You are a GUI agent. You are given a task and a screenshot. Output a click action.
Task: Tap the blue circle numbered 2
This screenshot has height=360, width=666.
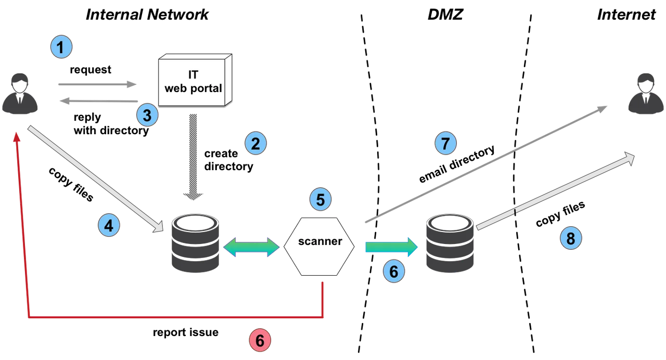(x=255, y=144)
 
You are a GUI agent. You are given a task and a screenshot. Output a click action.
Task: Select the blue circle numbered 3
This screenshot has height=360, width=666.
(x=147, y=115)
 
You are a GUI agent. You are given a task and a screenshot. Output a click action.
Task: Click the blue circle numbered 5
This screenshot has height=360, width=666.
(x=321, y=199)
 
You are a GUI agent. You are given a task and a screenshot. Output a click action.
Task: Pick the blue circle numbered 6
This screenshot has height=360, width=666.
(x=393, y=271)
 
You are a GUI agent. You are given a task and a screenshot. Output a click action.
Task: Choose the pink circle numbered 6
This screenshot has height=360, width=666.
(x=260, y=341)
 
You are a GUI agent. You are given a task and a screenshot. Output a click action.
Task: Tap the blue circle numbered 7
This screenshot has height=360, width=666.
(x=445, y=144)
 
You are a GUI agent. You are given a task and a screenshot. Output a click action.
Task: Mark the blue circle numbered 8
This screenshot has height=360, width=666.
(x=571, y=238)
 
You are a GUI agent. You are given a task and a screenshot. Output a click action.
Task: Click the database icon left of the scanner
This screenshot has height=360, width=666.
(x=196, y=243)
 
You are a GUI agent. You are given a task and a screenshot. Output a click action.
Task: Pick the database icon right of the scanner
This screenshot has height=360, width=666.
(x=449, y=243)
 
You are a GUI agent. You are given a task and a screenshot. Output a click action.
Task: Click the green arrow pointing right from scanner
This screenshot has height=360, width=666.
(x=391, y=246)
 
